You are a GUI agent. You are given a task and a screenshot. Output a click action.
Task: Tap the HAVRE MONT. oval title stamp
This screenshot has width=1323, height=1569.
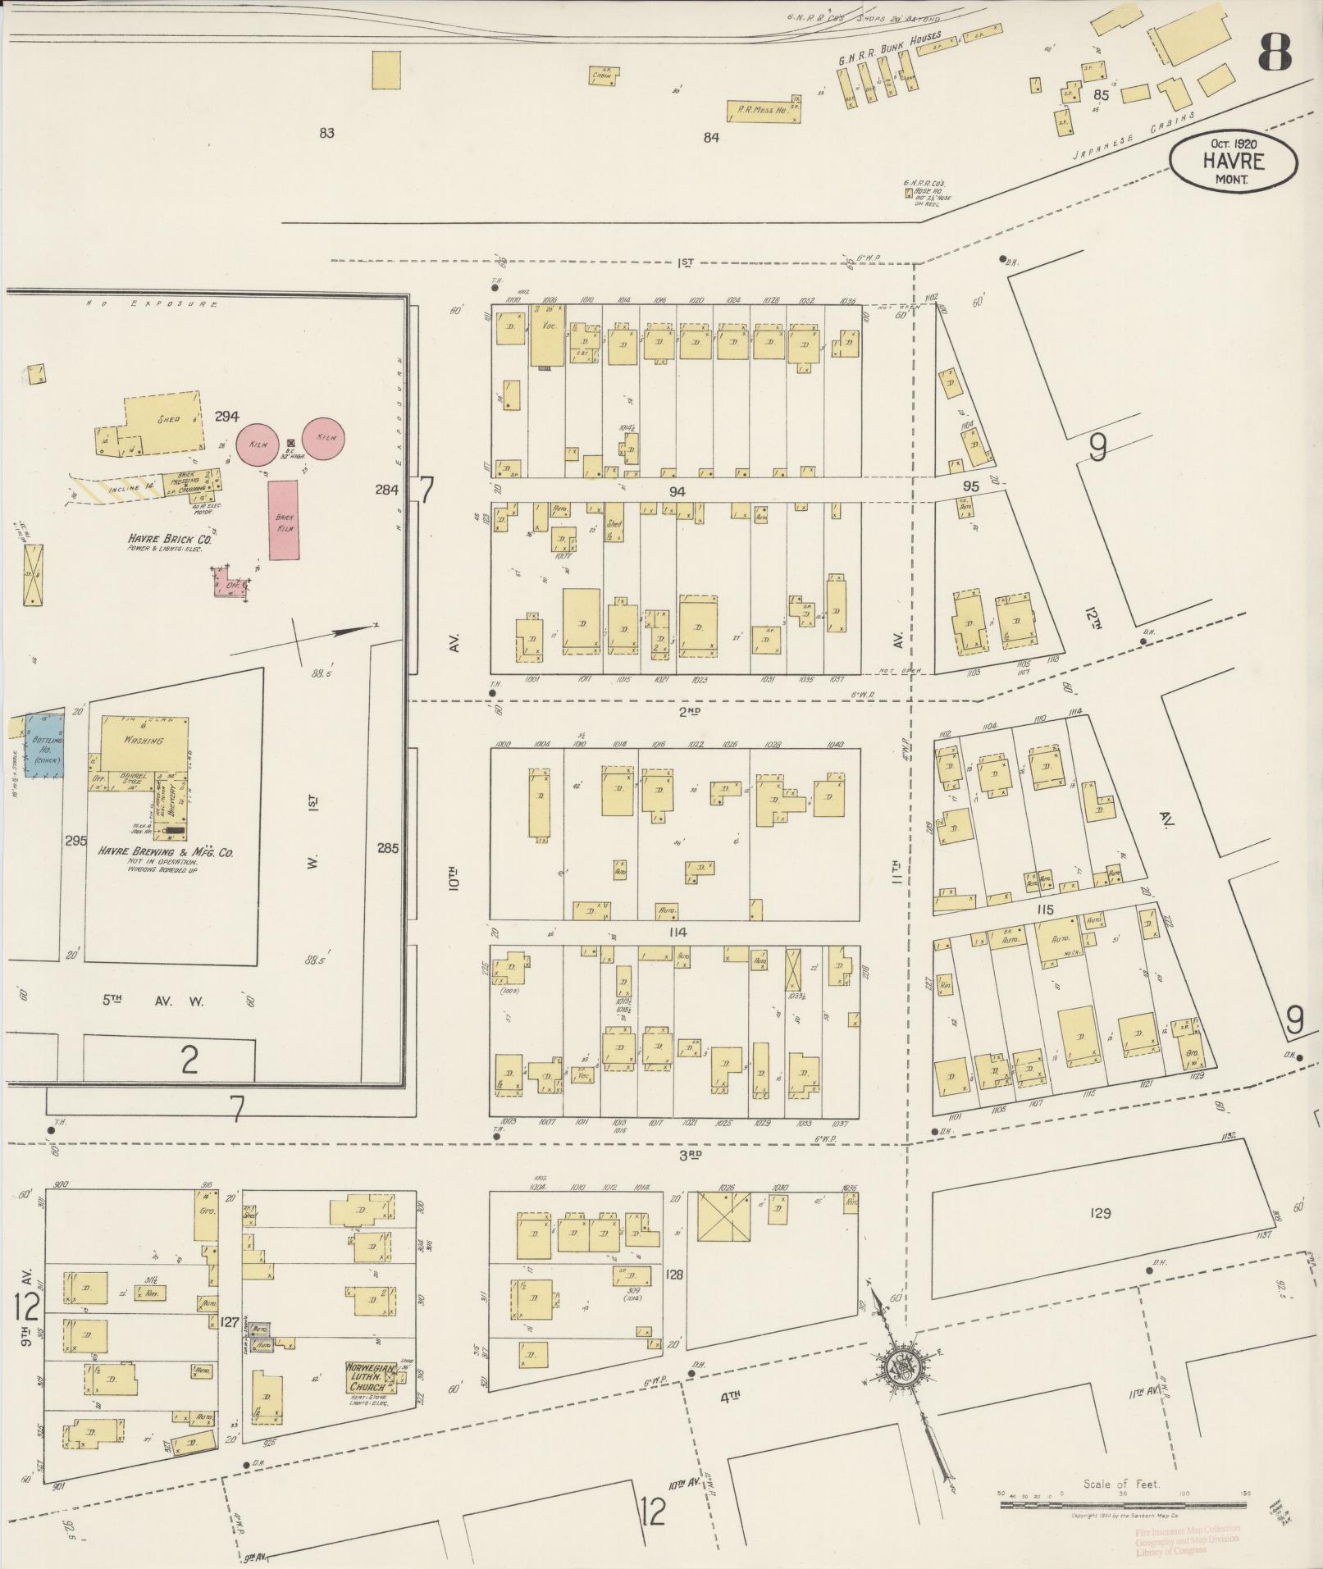point(1233,162)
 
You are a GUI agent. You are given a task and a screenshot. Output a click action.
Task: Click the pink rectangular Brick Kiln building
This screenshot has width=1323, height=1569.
point(284,520)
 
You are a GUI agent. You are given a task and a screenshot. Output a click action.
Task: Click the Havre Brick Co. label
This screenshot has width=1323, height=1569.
point(169,540)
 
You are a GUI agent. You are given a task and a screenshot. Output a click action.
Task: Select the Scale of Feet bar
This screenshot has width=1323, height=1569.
point(1124,1506)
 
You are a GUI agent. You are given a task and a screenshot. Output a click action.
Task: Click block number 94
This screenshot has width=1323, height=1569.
point(677,491)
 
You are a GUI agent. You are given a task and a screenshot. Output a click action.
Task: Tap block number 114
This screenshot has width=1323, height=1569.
point(677,933)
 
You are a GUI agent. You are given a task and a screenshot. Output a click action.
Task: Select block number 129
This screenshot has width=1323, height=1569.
point(1101,1212)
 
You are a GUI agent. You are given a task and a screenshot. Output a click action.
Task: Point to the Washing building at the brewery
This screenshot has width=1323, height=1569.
point(144,741)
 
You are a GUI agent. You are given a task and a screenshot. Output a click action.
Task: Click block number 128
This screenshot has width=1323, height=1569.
point(675,1275)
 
